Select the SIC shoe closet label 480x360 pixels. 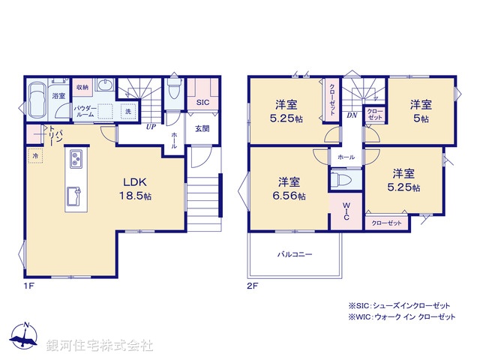click(x=202, y=103)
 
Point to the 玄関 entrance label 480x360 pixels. click(x=202, y=129)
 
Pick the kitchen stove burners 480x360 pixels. click(x=76, y=160)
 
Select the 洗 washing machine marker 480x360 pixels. click(x=127, y=112)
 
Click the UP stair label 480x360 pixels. click(x=151, y=126)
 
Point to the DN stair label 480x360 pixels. click(x=352, y=115)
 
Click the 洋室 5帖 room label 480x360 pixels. click(x=420, y=112)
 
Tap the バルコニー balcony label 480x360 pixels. click(x=295, y=255)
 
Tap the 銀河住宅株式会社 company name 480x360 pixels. click(x=99, y=346)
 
